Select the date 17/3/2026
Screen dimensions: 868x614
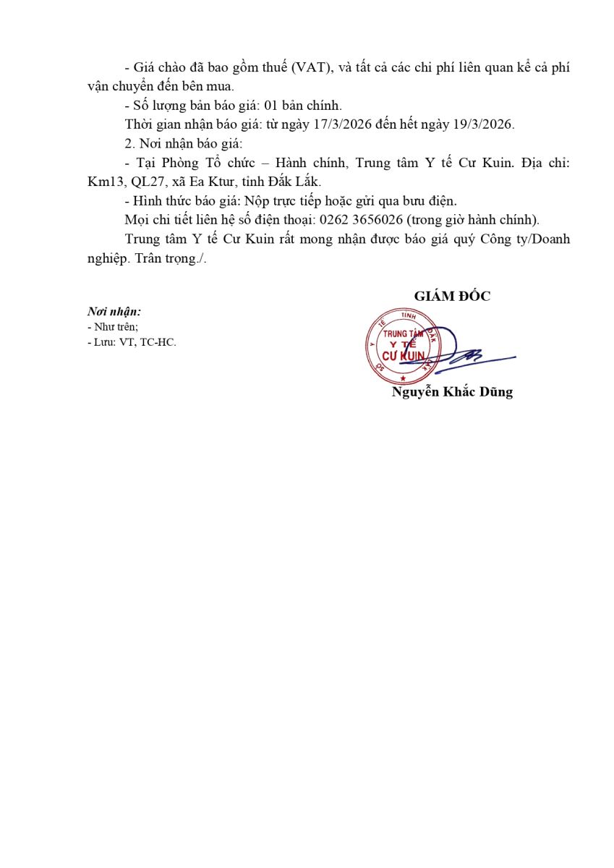[343, 124]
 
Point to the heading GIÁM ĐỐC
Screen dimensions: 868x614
[452, 296]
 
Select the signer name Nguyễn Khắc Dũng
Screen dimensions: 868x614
[452, 393]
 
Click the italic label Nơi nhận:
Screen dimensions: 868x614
[114, 312]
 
